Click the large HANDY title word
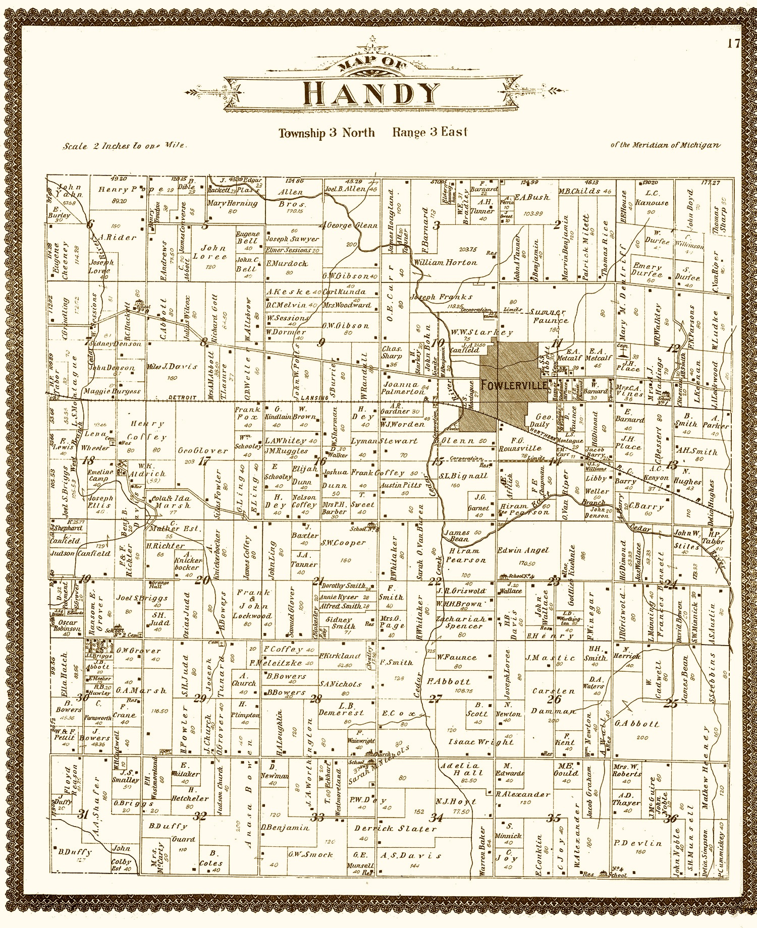click(x=372, y=94)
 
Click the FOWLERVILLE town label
click(x=514, y=386)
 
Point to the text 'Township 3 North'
click(x=327, y=133)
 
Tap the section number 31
click(x=84, y=813)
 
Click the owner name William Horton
click(x=444, y=262)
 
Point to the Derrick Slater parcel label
click(x=395, y=829)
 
